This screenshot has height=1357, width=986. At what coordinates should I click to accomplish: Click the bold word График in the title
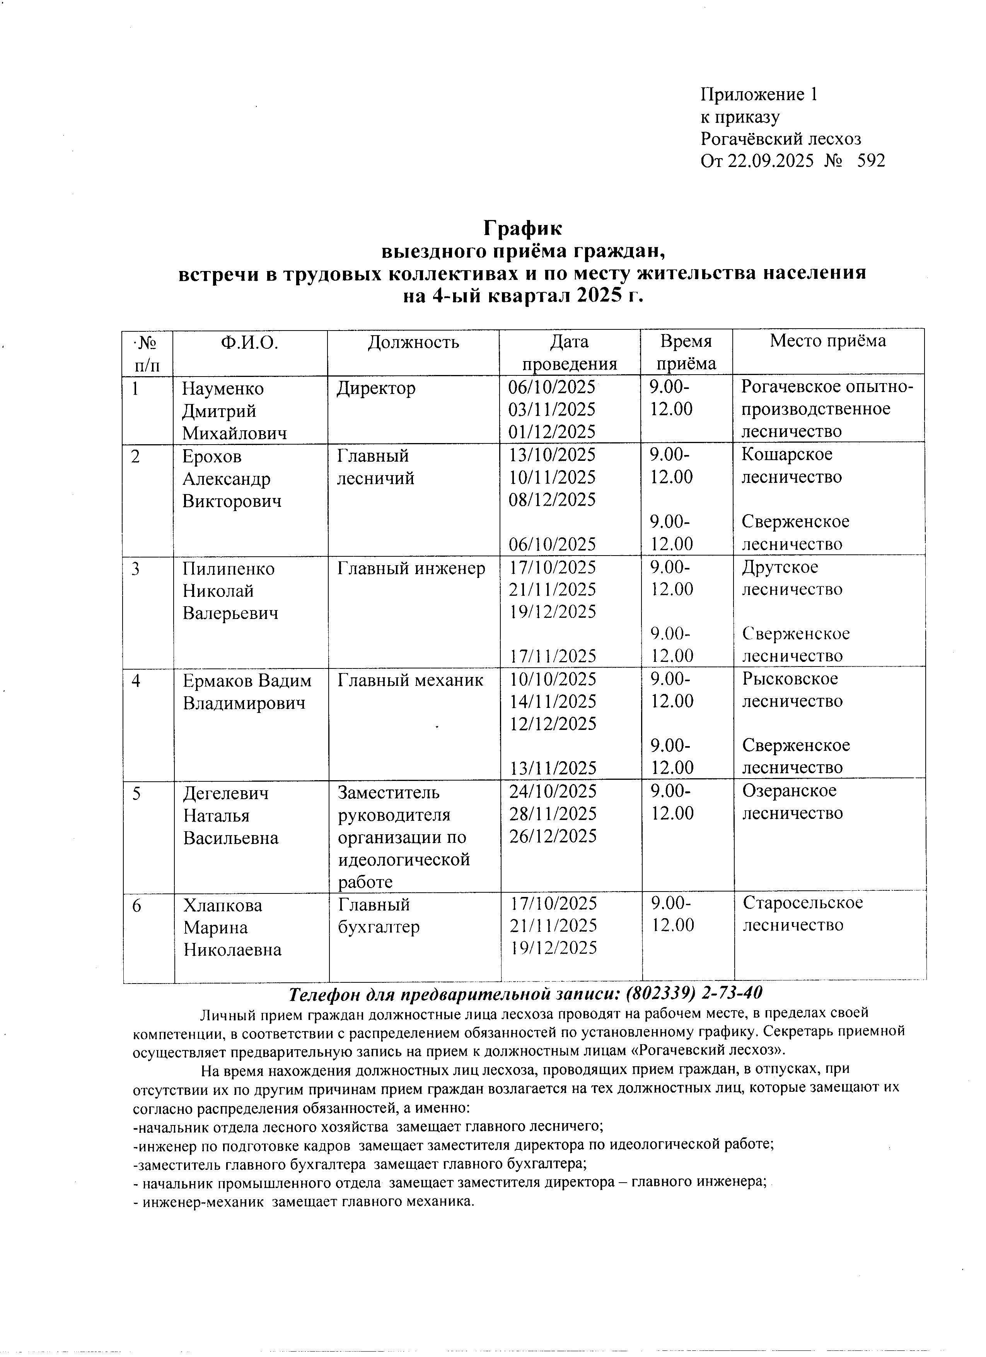coord(522,228)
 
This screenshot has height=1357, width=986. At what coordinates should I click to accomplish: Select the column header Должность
coord(413,342)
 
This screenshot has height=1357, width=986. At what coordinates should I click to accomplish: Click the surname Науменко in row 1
coord(223,388)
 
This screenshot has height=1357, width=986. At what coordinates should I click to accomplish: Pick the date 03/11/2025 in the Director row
coord(552,410)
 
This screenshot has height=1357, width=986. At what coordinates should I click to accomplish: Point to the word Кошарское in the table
coord(787,454)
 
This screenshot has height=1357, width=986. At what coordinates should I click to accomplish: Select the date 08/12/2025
coord(552,499)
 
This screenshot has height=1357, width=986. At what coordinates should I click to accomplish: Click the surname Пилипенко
coord(228,568)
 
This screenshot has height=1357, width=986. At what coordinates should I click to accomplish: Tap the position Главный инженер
coord(411,568)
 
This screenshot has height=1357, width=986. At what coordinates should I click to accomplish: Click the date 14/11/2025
coord(552,701)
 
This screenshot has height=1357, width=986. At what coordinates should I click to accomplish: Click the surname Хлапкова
coord(223,905)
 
